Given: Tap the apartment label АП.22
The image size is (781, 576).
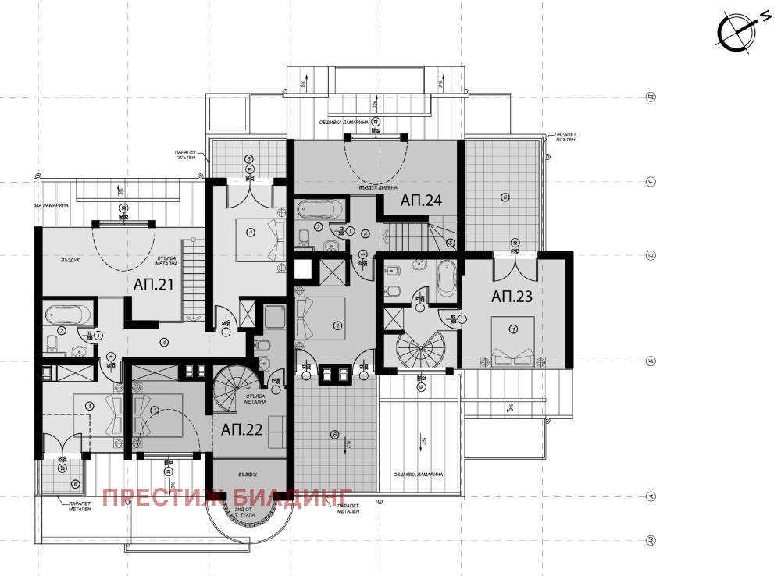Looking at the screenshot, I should tap(242, 428).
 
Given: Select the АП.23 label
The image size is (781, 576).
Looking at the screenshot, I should tap(512, 296).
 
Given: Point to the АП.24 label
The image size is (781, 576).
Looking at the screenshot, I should tap(422, 200).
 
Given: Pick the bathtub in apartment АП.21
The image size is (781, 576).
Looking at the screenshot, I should tap(67, 315).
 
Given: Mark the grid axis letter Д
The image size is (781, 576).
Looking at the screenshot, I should tap(649, 98).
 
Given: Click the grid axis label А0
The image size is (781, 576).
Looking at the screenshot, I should tap(649, 539).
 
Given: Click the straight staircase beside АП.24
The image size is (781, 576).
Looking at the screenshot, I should tap(408, 234).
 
